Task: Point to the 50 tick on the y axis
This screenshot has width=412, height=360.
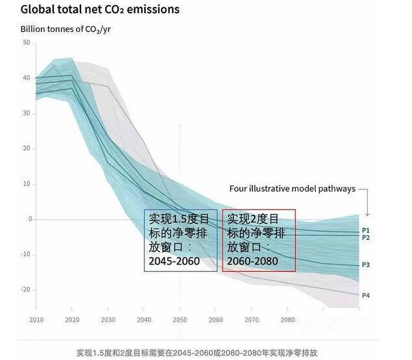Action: click(x=27, y=42)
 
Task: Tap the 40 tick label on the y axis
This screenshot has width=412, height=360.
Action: click(x=27, y=78)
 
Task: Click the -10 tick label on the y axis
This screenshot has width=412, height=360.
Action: click(x=26, y=254)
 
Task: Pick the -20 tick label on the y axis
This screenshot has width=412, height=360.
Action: click(x=26, y=289)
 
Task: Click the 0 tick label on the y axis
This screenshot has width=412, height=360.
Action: click(x=29, y=219)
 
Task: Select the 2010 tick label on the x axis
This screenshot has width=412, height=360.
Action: click(x=37, y=320)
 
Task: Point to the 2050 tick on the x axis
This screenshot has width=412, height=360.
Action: click(x=180, y=320)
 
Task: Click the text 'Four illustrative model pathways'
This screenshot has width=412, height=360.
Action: click(x=292, y=189)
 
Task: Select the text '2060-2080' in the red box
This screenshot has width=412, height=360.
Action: click(x=252, y=261)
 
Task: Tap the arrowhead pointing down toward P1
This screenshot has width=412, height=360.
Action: click(x=367, y=213)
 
